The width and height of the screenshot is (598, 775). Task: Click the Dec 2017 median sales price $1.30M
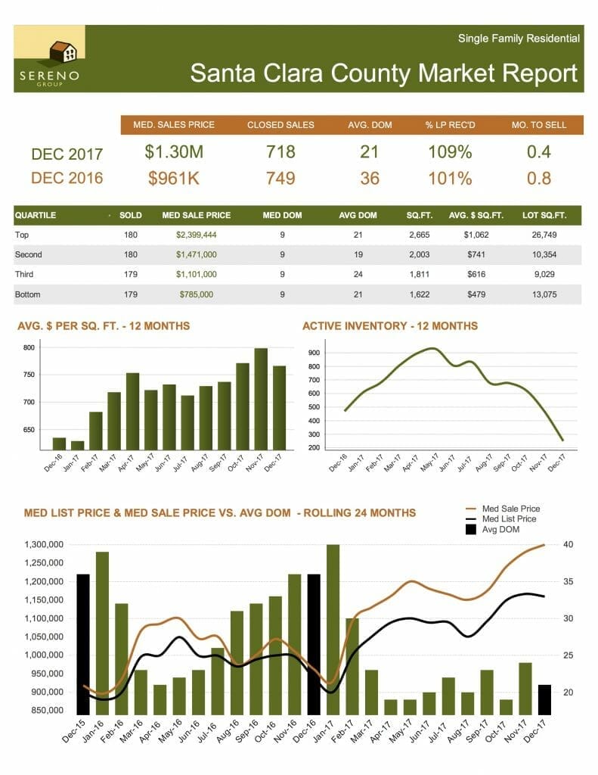(174, 151)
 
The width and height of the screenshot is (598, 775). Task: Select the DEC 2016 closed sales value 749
(280, 178)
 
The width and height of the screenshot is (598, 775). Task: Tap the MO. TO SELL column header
(539, 125)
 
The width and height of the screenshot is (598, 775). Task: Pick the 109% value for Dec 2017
(450, 151)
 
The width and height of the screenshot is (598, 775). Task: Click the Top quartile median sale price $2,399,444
(196, 235)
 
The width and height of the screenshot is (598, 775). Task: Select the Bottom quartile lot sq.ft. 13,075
(540, 294)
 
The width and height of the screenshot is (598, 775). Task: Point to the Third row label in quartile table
(26, 275)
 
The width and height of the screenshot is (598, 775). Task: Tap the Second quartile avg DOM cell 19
(358, 255)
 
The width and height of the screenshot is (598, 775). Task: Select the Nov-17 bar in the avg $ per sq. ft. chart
(261, 398)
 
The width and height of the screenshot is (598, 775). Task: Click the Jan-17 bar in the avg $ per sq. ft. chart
(77, 445)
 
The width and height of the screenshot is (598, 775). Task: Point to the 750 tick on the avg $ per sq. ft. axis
(29, 375)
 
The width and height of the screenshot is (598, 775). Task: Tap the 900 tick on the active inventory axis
(314, 353)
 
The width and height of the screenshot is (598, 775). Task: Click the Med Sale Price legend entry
(511, 509)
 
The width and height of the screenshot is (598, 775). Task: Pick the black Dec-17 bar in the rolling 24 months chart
(544, 699)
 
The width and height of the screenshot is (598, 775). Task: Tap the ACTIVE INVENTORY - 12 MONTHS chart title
(389, 326)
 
